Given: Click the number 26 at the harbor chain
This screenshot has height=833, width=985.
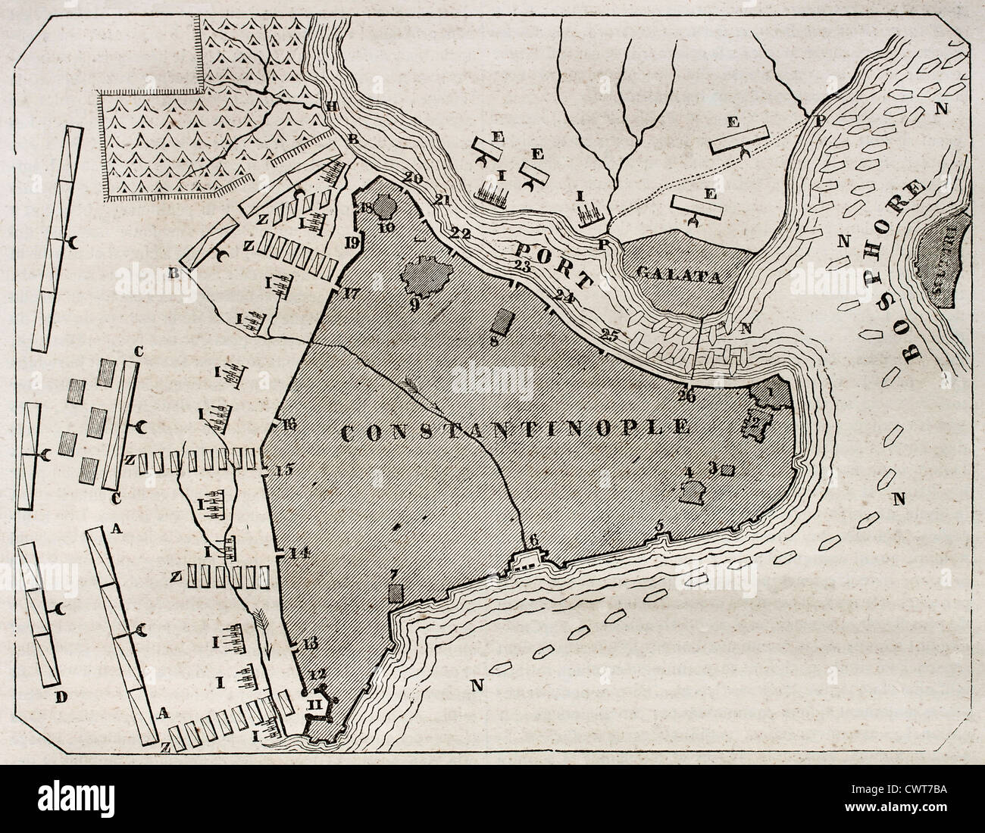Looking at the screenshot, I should tap(688, 395).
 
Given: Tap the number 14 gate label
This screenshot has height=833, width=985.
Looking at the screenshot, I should tap(299, 553).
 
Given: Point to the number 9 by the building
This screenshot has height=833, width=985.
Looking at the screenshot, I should tap(414, 305).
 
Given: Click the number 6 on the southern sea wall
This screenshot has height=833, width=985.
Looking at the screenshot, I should tap(533, 539).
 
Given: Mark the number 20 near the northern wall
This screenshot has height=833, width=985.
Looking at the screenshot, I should tap(392, 179).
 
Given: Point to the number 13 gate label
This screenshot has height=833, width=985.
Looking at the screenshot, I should tap(309, 644).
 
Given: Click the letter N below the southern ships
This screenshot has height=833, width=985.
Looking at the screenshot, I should tap(476, 687).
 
